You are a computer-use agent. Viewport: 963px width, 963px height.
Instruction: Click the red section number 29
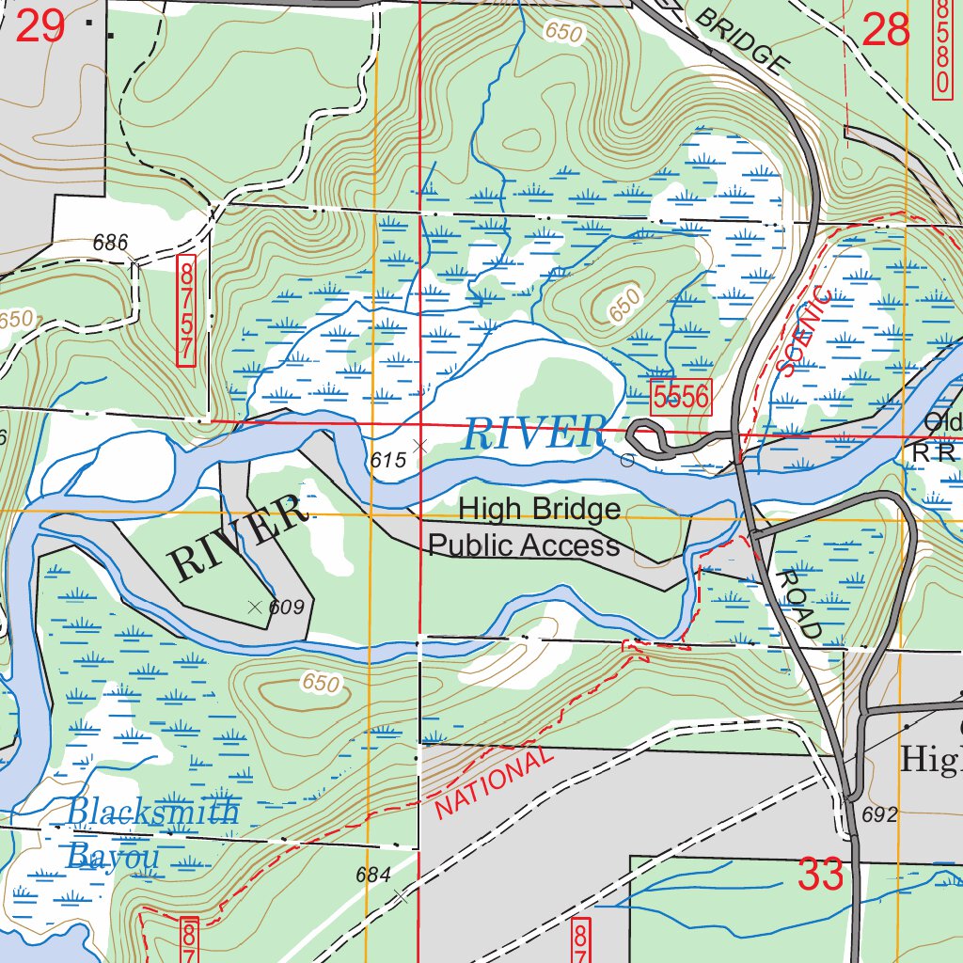tap(40, 26)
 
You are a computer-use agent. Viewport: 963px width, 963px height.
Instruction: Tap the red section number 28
tap(886, 30)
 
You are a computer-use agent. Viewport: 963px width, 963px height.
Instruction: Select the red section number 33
tap(821, 876)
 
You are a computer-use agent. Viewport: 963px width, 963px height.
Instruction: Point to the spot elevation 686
tap(110, 243)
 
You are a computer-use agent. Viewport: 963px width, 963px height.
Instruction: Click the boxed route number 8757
tap(186, 309)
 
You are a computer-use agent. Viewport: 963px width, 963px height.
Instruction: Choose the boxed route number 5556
tap(681, 397)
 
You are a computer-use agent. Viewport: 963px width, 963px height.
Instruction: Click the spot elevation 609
tap(286, 608)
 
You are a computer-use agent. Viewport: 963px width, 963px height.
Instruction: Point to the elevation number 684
tap(372, 875)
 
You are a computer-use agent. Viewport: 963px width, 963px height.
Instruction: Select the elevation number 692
tap(879, 814)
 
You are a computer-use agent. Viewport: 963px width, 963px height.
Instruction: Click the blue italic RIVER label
tap(533, 434)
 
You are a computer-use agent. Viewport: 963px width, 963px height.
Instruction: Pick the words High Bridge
tap(539, 510)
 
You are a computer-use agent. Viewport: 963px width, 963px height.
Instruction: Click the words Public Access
tap(524, 545)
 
